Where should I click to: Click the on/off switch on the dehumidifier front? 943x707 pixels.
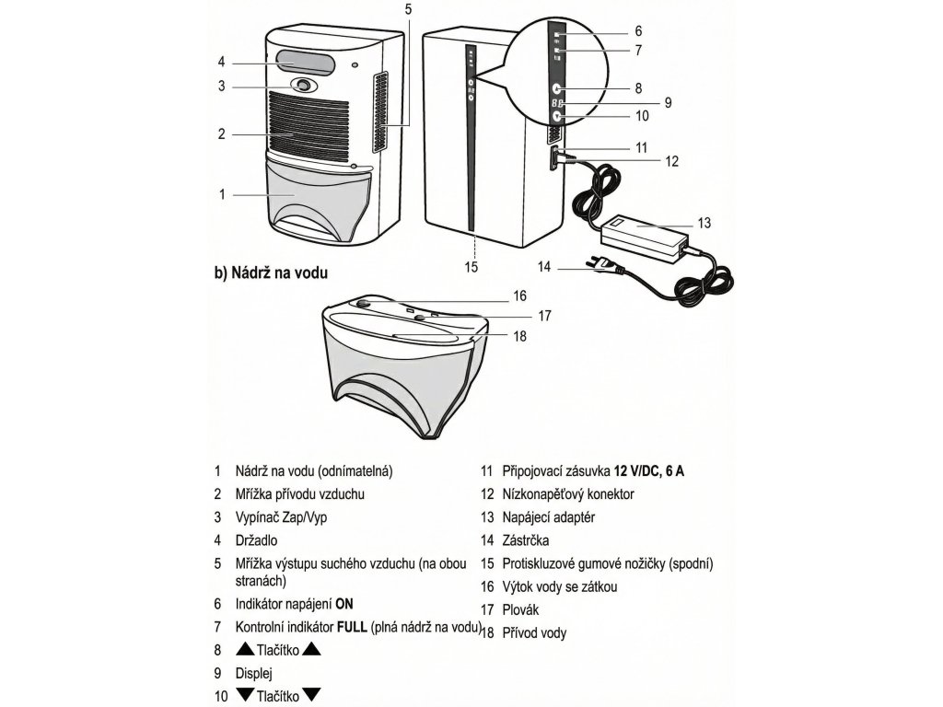302,86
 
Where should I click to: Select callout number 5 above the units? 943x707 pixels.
408,9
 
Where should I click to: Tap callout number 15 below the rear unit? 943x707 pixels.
471,268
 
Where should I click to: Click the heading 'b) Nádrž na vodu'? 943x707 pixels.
271,272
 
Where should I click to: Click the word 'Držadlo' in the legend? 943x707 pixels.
256,540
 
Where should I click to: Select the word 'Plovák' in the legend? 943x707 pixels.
522,609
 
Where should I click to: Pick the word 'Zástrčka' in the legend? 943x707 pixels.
526,540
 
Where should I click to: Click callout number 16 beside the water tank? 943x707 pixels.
520,296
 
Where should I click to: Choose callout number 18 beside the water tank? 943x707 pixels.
520,336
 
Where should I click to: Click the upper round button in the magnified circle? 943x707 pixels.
557,88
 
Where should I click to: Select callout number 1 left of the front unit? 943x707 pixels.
222,194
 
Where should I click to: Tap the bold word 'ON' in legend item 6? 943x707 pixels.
343,604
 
